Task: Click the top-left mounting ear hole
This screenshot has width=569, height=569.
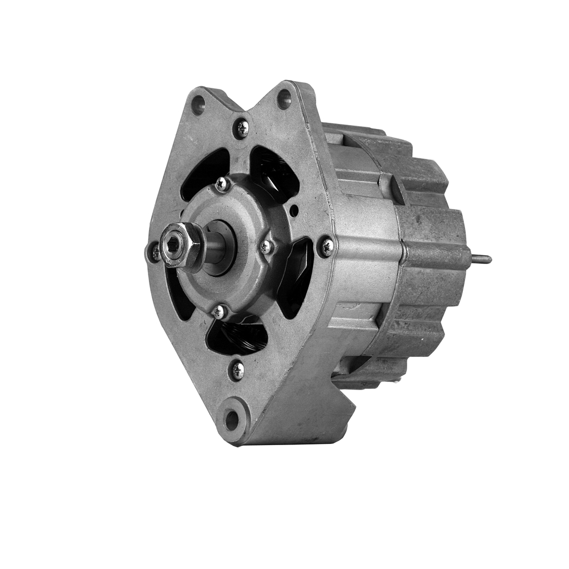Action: (198, 104)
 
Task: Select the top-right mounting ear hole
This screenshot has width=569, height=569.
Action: (284, 99)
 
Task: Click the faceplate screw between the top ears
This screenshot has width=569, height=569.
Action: (241, 128)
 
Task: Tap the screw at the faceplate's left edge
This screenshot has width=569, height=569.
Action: (154, 252)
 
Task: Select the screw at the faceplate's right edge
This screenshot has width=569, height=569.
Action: (326, 246)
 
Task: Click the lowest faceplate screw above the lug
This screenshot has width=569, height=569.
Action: (237, 370)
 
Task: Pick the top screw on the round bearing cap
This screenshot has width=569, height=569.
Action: (222, 183)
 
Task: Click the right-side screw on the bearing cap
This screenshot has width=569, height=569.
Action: (267, 246)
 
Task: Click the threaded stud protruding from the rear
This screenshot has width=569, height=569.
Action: (481, 258)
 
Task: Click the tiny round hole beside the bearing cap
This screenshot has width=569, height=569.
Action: (294, 211)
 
